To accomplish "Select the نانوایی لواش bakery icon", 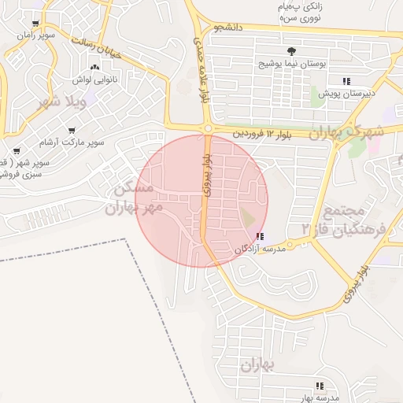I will pyautogui.click(x=95, y=68).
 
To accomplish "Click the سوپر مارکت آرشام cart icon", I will pyautogui.click(x=72, y=131).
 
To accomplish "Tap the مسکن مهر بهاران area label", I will pyautogui.click(x=136, y=198).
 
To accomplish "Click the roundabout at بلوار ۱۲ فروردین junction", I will pyautogui.click(x=207, y=128).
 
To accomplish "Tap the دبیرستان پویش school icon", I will pyautogui.click(x=346, y=80).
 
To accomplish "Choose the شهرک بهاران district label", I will pyautogui.click(x=346, y=132).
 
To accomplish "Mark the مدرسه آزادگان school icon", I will pyautogui.click(x=261, y=235).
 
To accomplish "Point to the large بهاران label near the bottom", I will pyautogui.click(x=256, y=364).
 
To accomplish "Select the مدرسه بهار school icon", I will pyautogui.click(x=319, y=386).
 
